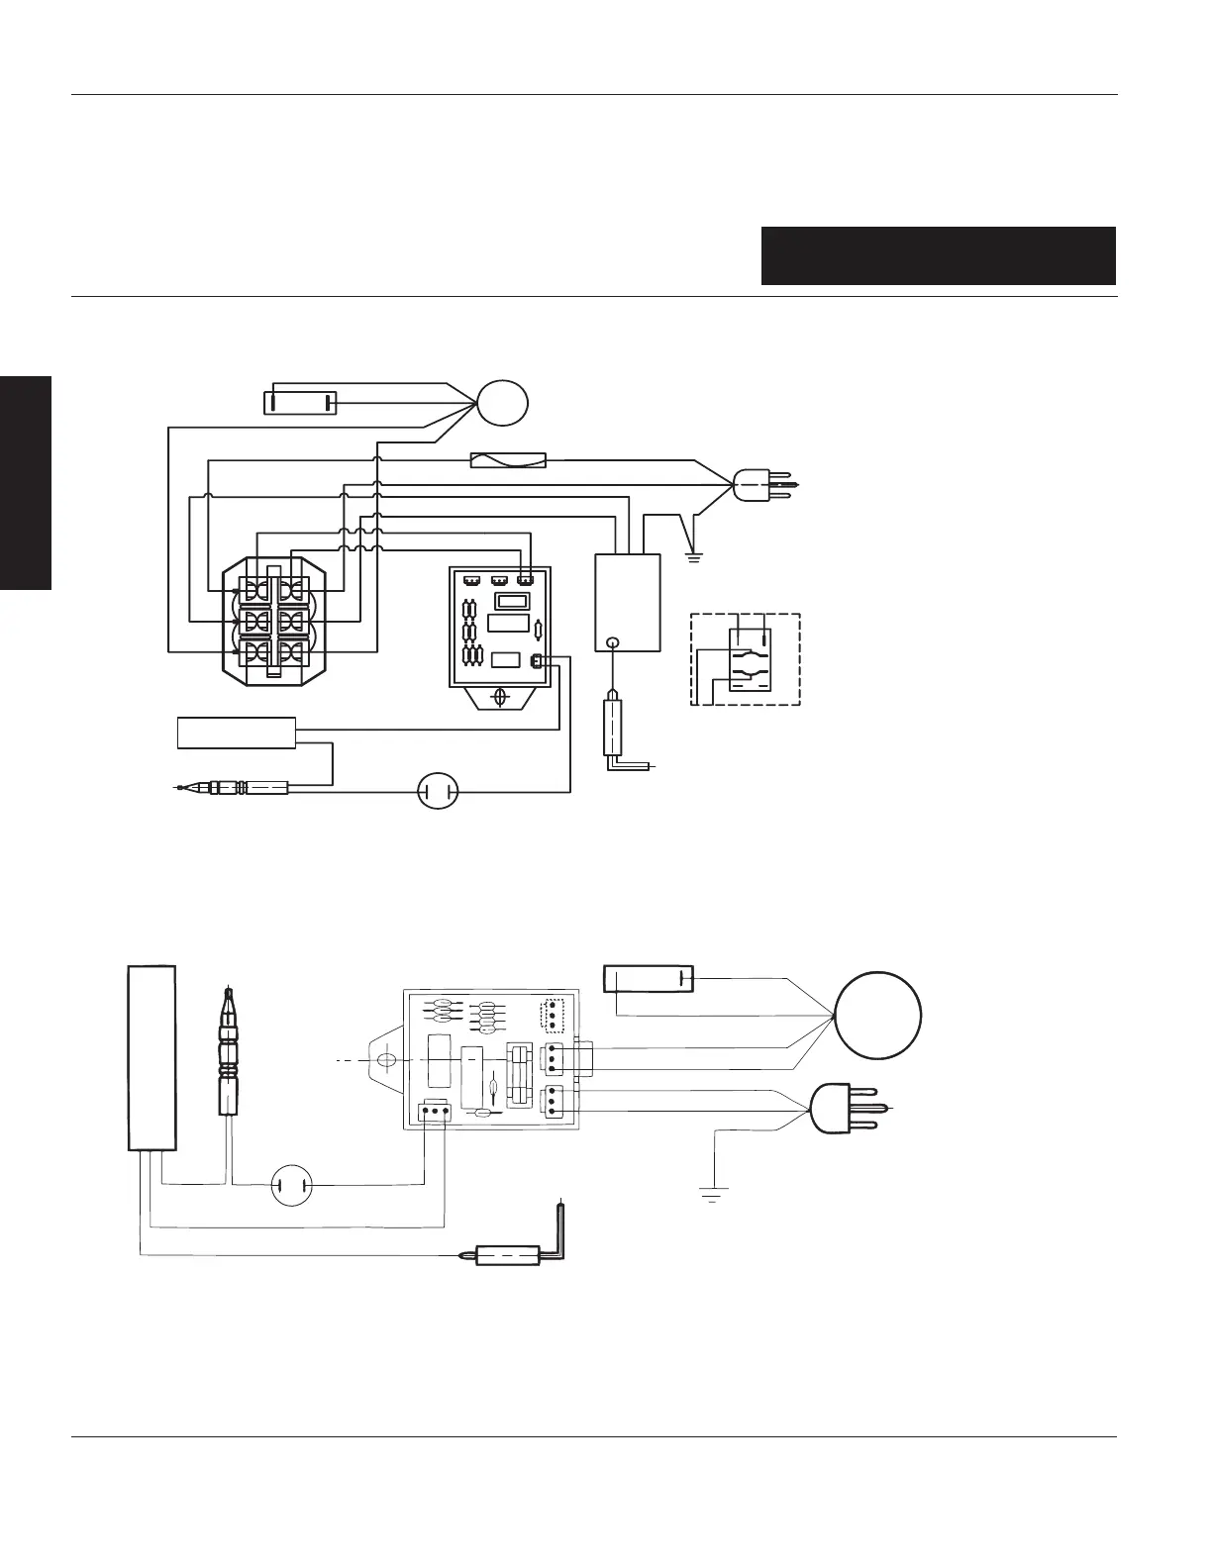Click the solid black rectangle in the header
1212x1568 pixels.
tap(938, 255)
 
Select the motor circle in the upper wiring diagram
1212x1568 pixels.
tap(502, 403)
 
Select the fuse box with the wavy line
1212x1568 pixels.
tap(507, 460)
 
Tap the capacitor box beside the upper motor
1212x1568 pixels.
tap(300, 403)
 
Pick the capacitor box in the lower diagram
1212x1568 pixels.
tap(649, 979)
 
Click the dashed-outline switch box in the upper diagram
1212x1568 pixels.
tap(745, 658)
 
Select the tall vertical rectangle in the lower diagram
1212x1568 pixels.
tap(152, 1058)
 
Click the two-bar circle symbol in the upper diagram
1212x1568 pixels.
tap(438, 791)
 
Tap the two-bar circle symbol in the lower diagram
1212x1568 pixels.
tap(292, 1184)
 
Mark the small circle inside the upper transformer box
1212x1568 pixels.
tap(614, 642)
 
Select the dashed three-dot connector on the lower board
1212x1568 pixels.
tap(551, 1017)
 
